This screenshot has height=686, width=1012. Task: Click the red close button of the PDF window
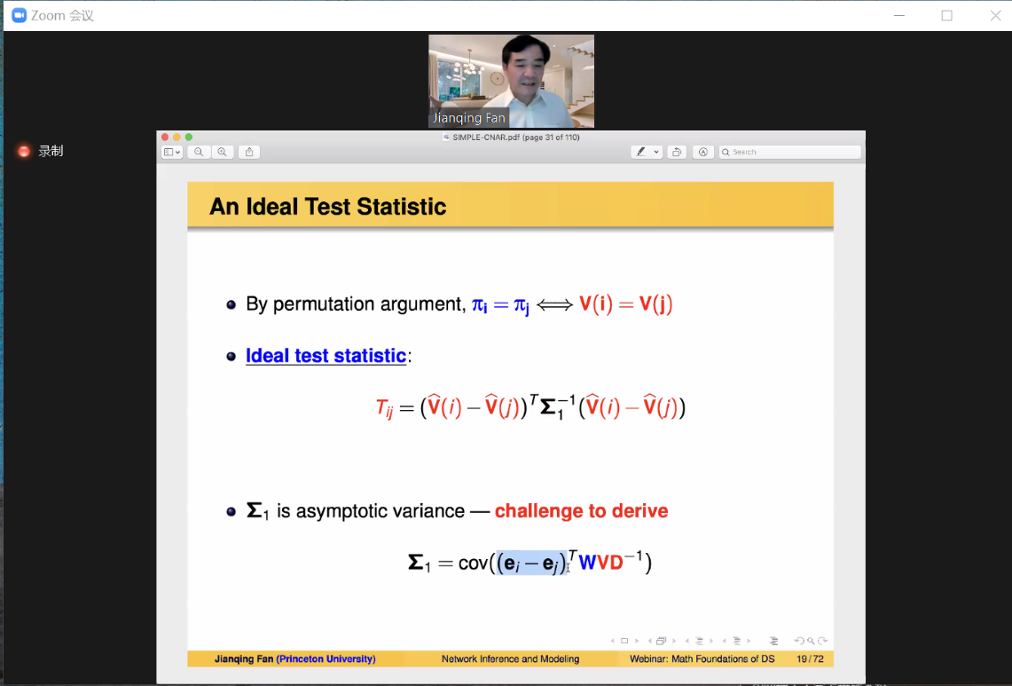165,137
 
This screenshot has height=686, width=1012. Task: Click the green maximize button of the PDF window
188,137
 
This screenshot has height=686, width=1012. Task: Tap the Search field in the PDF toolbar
790,152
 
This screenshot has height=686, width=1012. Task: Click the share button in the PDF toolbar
249,152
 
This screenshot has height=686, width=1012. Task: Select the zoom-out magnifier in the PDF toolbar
199,152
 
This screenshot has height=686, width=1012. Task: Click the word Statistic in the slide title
401,207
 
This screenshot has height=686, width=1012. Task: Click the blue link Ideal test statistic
326,356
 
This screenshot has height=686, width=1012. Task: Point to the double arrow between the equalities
554,304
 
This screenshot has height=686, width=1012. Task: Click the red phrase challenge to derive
582,511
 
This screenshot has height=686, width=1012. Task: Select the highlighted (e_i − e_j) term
532,563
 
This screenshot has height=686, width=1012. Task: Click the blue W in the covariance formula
587,563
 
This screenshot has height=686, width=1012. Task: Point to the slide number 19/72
810,658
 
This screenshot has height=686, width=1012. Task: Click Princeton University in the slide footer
326,658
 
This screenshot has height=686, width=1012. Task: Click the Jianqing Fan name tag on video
468,117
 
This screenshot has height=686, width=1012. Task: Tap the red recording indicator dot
24,151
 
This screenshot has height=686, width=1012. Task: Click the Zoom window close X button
995,15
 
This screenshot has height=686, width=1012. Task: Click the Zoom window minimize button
899,15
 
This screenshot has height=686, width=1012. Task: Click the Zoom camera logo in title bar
20,15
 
